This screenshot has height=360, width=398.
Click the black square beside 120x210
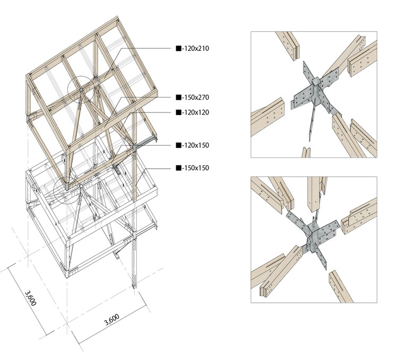point(179,48)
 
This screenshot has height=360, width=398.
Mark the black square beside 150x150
point(179,168)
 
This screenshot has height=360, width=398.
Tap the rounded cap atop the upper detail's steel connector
point(316,81)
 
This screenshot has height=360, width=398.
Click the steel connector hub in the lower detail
point(314,234)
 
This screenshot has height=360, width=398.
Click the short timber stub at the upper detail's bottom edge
point(306,152)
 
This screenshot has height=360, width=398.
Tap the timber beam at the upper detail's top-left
point(288,45)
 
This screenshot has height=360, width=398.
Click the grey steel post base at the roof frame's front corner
point(66,187)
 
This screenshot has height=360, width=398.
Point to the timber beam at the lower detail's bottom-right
point(341,286)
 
